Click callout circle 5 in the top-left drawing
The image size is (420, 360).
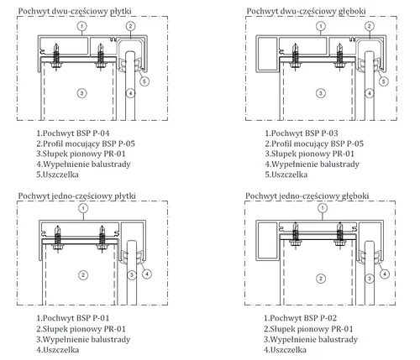point(144,81)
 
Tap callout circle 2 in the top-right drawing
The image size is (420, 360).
point(370,26)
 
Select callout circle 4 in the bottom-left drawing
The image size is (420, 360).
point(147,274)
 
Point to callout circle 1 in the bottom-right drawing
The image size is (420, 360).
point(323,208)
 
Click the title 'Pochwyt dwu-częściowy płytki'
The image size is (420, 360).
point(75,12)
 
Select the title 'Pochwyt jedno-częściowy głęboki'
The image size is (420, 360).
point(307,196)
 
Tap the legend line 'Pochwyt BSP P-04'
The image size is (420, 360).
point(73,133)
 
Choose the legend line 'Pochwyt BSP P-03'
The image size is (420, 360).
point(302,133)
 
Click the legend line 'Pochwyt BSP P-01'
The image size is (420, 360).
point(73,318)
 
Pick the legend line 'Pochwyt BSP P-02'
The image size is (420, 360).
point(300,318)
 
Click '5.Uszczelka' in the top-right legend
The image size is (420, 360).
point(286,175)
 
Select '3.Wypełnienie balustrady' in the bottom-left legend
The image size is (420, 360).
point(83,340)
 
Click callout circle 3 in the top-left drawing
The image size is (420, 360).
point(81,93)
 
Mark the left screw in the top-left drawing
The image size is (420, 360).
point(55,57)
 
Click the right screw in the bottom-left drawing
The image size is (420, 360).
point(102,239)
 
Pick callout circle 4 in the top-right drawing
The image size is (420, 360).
point(370,93)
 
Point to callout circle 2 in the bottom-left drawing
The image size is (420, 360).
point(83,275)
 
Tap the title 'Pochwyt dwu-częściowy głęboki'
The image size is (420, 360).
point(306,12)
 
